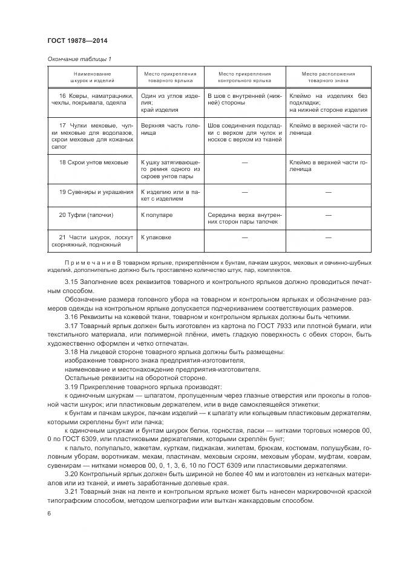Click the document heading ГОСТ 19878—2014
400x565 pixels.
coord(77,41)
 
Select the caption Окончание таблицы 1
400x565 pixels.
coord(79,59)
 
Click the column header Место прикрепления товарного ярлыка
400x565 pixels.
coord(168,77)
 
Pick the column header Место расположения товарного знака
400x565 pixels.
coord(328,77)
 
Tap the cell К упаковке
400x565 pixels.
coord(156,237)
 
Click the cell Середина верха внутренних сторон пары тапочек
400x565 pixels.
coord(244,218)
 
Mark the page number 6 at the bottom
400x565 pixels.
coord(49,513)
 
